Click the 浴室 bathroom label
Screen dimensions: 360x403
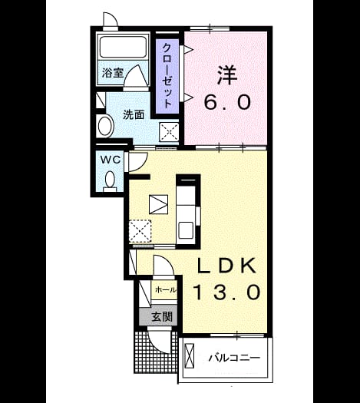click(113, 73)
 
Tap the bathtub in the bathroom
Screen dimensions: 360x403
click(123, 47)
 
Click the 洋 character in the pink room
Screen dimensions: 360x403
click(227, 75)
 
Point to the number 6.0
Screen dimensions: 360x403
click(227, 102)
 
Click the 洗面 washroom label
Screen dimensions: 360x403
click(134, 115)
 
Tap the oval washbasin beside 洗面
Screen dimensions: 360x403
click(106, 127)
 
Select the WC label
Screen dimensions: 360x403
click(111, 160)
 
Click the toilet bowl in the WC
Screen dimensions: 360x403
click(110, 179)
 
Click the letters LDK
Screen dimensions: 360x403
click(226, 266)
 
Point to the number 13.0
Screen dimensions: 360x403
click(227, 292)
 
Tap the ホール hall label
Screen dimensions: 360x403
click(166, 290)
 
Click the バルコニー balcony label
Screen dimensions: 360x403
click(234, 358)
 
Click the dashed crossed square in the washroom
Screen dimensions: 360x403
click(170, 132)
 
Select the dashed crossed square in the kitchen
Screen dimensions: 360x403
click(140, 231)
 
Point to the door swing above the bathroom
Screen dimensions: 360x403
click(110, 19)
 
